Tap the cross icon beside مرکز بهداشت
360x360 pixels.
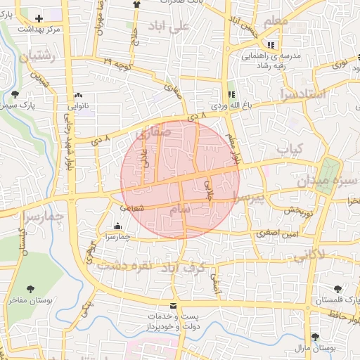38,19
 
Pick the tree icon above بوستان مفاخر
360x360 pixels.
30,288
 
